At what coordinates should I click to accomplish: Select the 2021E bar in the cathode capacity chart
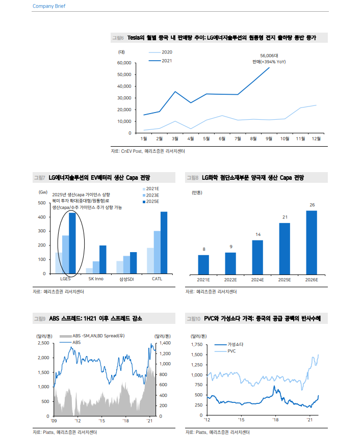(x=203, y=264)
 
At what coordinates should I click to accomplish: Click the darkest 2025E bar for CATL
(x=164, y=242)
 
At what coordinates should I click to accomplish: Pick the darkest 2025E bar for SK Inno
(x=102, y=259)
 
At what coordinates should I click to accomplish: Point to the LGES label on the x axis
(x=65, y=279)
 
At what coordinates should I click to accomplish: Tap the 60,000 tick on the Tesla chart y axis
(x=124, y=63)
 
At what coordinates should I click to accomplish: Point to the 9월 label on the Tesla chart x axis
(x=269, y=139)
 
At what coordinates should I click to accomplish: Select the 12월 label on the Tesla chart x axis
(x=316, y=139)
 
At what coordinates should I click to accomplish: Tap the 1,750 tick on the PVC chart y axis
(x=196, y=345)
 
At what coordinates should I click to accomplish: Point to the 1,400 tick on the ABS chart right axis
(x=162, y=343)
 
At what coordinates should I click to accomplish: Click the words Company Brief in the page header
(x=49, y=6)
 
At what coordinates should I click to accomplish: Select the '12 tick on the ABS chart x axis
(x=77, y=421)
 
